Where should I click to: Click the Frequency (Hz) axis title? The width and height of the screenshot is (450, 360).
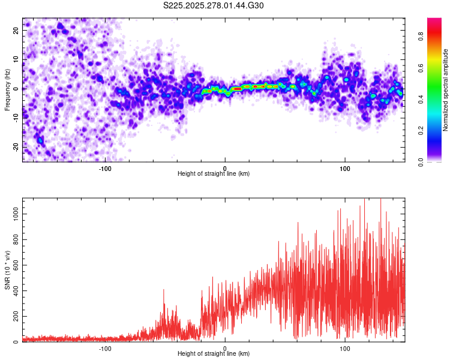pyautogui.click(x=7, y=90)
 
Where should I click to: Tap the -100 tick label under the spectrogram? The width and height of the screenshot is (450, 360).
pyautogui.click(x=106, y=168)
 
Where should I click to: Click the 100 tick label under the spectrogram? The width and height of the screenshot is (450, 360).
pyautogui.click(x=345, y=168)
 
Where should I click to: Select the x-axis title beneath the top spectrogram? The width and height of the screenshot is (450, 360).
pyautogui.click(x=214, y=174)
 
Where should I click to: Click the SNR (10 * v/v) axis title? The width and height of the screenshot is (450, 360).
pyautogui.click(x=7, y=270)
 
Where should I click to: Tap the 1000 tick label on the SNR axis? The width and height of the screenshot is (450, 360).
pyautogui.click(x=13, y=213)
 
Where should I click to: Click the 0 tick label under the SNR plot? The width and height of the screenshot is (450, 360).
pyautogui.click(x=225, y=348)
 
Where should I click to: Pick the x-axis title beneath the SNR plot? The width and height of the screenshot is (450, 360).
pyautogui.click(x=214, y=354)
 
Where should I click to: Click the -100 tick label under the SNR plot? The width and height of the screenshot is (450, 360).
pyautogui.click(x=106, y=348)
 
